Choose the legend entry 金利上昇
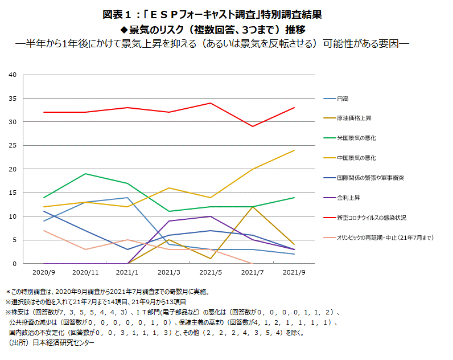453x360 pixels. point(349,198)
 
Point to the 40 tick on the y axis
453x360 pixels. point(13,75)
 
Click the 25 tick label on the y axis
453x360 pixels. point(13,145)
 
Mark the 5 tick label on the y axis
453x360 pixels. point(14,240)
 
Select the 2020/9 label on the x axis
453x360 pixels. point(44,272)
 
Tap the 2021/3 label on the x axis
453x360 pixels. point(169,272)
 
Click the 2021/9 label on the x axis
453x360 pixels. point(294,272)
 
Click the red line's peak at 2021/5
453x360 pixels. point(211,103)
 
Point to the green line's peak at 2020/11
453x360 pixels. point(85,174)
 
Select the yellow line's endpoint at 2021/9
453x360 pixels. point(294,150)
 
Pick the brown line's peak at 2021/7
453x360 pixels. point(253,207)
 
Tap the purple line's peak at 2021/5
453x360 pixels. point(211,216)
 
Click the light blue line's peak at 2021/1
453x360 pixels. point(127,198)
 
